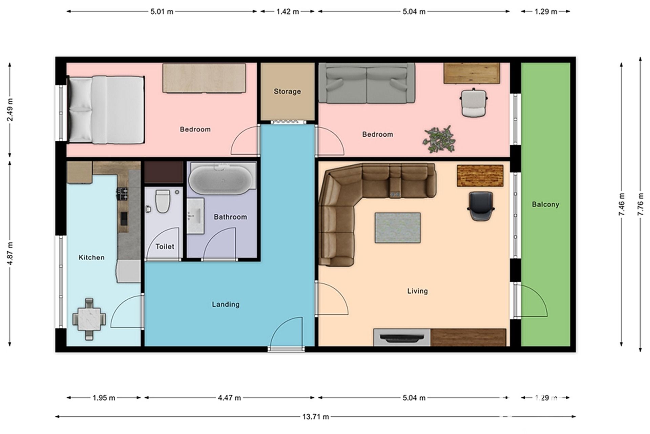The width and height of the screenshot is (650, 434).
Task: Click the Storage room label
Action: [287, 91]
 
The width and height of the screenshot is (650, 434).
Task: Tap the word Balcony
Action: [545, 204]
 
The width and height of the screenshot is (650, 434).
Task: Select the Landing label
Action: [226, 304]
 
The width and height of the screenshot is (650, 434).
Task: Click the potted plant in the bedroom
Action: [439, 139]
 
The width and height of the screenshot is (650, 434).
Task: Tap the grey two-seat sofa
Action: [367, 83]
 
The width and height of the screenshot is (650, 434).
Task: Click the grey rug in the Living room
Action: [398, 228]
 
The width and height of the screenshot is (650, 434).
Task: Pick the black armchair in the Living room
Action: [481, 206]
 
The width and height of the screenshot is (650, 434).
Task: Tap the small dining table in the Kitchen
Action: [89, 319]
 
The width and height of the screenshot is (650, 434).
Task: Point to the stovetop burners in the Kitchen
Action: [122, 193]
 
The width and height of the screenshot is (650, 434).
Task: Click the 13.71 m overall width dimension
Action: [315, 416]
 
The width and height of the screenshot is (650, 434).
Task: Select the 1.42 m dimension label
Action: [288, 12]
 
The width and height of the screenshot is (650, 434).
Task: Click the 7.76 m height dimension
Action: [640, 204]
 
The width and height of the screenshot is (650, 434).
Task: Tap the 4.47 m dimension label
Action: [229, 397]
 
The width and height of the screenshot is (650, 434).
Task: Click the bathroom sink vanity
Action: [195, 216]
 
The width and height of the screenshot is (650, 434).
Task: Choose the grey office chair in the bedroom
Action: [474, 102]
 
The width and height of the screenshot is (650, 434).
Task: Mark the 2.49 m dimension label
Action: [10, 110]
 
